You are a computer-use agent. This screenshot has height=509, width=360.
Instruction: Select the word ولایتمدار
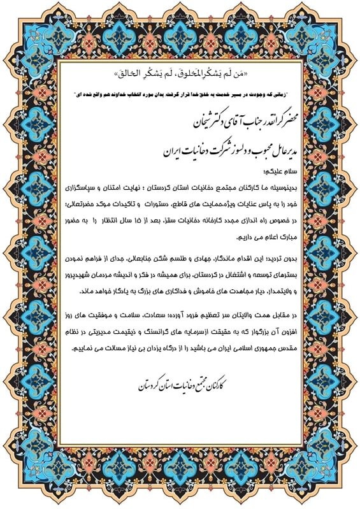pos(278,290)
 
